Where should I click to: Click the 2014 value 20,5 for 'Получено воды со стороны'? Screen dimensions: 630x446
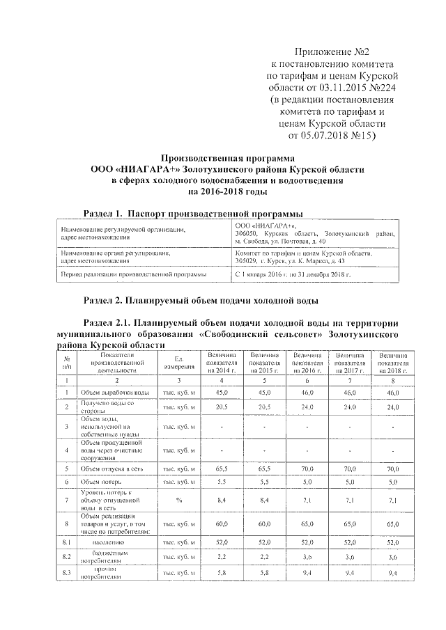pyautogui.click(x=222, y=407)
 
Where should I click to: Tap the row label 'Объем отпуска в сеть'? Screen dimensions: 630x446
pyautogui.click(x=114, y=469)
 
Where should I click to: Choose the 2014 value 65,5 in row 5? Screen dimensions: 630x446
pyautogui.click(x=222, y=469)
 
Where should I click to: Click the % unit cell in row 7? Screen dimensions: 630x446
pyautogui.click(x=178, y=499)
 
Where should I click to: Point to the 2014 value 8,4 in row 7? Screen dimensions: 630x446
pyautogui.click(x=222, y=499)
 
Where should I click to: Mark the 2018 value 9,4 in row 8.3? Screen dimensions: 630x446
pyautogui.click(x=393, y=573)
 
